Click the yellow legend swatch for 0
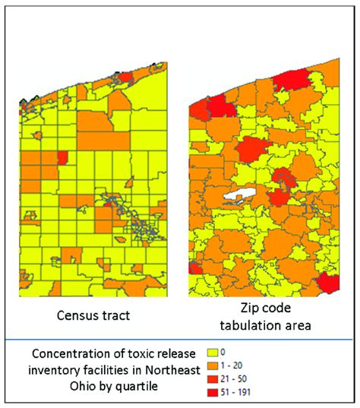212,353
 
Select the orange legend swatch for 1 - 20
212,365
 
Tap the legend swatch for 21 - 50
212,379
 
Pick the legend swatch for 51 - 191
212,393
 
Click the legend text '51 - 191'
235,392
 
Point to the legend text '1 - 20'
232,365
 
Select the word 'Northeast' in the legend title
172,370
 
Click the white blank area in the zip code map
240,194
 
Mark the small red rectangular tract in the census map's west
63,158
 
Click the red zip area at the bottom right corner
329,283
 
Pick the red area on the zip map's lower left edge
194,268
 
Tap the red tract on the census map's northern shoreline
126,77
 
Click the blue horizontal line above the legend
178,340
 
